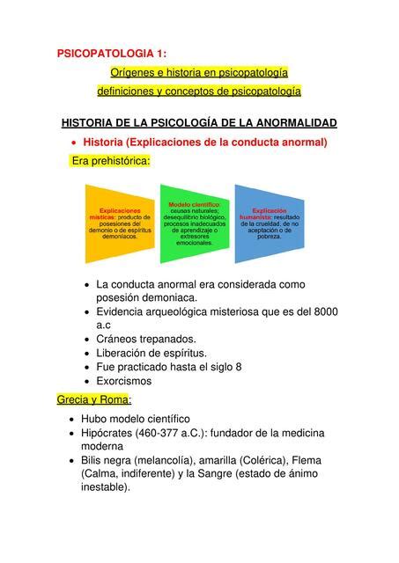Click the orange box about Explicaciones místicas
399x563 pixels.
(119, 223)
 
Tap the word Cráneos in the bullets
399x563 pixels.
(120, 339)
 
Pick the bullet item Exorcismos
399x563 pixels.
(124, 381)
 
